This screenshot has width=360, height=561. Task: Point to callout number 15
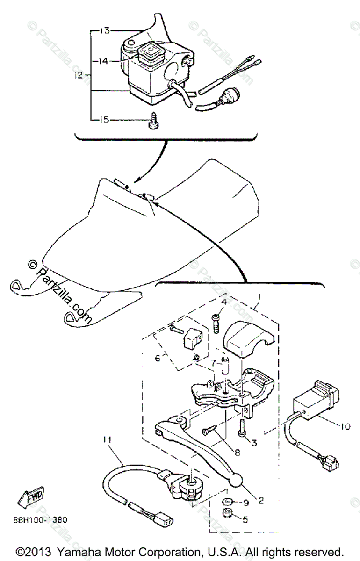click(x=103, y=120)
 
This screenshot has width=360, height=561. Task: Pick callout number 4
click(x=224, y=302)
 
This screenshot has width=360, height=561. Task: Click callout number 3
click(x=254, y=442)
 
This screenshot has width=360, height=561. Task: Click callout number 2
click(x=261, y=501)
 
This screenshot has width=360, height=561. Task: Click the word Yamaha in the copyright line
click(x=82, y=551)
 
